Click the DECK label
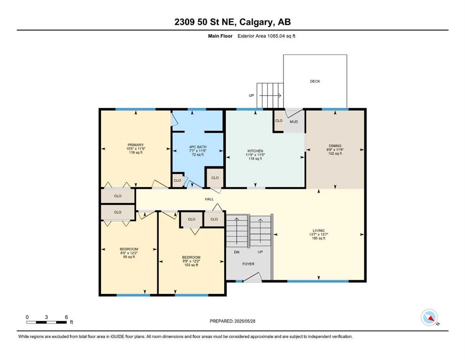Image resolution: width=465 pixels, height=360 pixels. [x=315, y=81]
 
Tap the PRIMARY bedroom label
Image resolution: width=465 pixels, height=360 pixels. [x=136, y=145]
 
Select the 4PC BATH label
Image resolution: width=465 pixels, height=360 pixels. [x=198, y=147]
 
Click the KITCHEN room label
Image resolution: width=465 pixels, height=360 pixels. [x=255, y=151]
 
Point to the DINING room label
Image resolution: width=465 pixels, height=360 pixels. [x=335, y=146]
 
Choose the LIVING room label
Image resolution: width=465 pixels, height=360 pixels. [x=318, y=231]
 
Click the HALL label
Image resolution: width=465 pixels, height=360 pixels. [x=209, y=199]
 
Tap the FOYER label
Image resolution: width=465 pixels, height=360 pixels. [x=248, y=264]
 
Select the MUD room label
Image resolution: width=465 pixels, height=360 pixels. [x=294, y=122]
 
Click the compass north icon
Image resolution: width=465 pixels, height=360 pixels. [x=429, y=317]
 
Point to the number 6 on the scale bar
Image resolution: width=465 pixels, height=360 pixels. [x=66, y=317]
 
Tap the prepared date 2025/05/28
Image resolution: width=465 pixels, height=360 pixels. [x=244, y=321]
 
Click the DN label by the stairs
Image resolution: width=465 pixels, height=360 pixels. [x=236, y=252]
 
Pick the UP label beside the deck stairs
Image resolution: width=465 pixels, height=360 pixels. [x=251, y=96]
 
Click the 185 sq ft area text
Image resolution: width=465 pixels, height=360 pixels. [x=318, y=238]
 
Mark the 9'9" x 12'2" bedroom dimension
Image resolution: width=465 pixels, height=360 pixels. [x=191, y=261]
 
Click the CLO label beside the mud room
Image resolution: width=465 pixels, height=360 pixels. [x=279, y=121]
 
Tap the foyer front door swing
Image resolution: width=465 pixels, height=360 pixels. [x=252, y=277]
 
